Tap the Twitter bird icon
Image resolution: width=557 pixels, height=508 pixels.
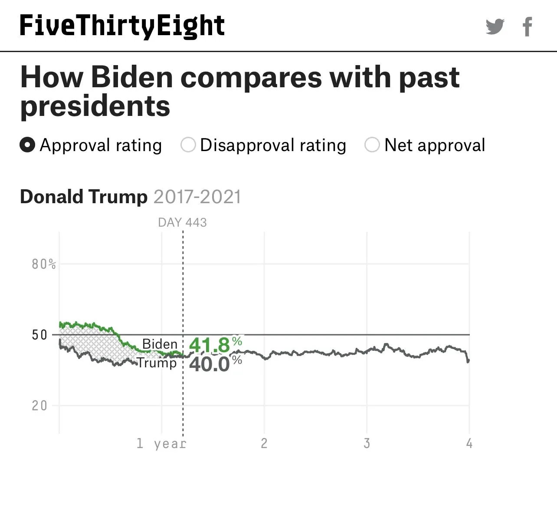495,26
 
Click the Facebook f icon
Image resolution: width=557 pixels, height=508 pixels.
527,26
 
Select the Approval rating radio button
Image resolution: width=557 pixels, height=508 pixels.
27,145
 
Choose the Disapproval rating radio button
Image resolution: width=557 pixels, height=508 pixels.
188,145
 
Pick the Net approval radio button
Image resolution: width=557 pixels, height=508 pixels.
372,145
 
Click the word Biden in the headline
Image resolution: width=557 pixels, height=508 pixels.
132,77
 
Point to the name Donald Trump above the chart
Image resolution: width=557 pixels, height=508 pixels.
84,197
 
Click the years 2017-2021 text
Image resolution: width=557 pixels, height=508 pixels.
197,197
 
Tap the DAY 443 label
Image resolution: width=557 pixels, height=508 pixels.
182,222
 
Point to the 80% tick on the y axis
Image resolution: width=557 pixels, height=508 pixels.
43,264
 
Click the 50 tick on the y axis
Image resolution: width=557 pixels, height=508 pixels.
39,335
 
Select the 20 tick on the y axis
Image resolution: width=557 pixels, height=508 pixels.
39,406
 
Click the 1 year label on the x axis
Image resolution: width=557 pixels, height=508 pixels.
161,443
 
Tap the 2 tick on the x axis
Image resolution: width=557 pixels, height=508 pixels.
264,443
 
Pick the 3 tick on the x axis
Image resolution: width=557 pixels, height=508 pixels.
367,443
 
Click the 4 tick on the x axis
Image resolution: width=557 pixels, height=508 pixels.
469,443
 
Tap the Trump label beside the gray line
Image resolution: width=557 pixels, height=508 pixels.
157,363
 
